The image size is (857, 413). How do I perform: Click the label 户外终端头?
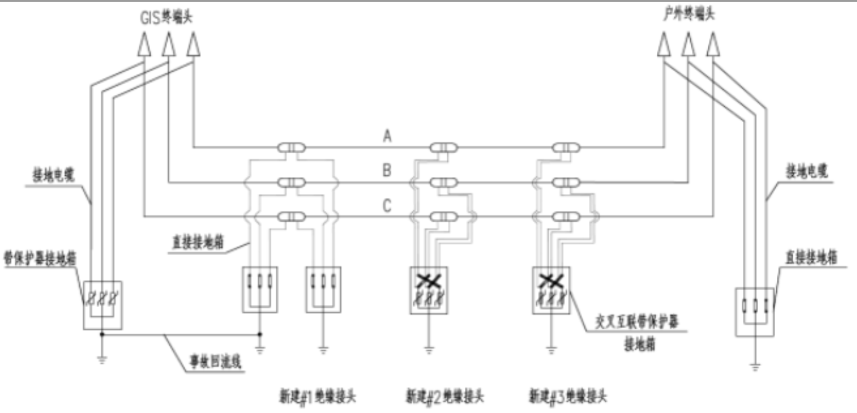click(x=687, y=16)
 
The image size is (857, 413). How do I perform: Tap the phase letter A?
click(x=387, y=136)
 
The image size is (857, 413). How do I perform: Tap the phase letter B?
click(x=387, y=171)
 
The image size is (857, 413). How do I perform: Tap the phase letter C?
click(x=387, y=206)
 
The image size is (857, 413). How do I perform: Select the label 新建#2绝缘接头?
click(x=445, y=397)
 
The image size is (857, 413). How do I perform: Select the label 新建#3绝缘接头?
click(x=567, y=397)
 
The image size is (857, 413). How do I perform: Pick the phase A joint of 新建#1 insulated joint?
click(x=290, y=147)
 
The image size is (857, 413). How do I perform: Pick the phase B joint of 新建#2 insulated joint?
click(x=444, y=183)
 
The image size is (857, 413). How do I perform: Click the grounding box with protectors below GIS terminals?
click(x=102, y=305)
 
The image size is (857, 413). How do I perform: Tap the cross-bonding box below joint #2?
click(x=428, y=290)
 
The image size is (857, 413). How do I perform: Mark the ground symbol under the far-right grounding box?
click(x=756, y=367)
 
